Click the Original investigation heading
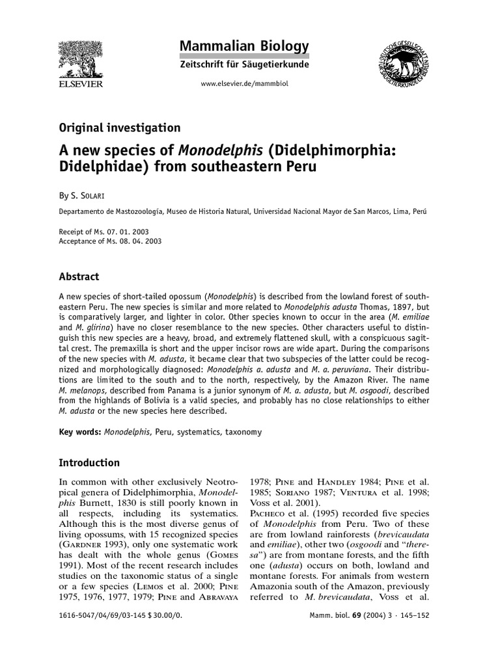point(120,128)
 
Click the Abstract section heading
point(79,276)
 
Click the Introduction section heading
point(89,463)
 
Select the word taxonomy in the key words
point(247,432)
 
